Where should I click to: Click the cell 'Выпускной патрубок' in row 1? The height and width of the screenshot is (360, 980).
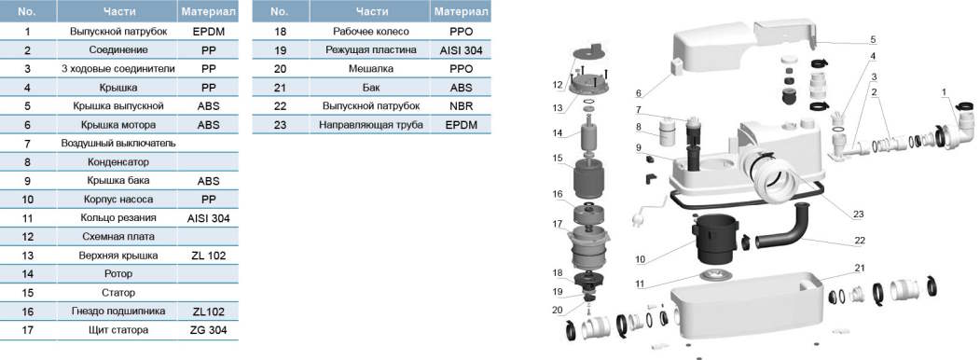tap(118, 31)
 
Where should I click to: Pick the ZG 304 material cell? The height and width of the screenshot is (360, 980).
tap(209, 330)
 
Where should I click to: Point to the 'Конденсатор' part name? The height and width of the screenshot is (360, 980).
tap(118, 162)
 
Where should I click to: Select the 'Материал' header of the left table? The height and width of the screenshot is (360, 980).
tap(209, 11)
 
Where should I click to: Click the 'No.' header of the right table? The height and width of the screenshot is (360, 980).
tap(280, 11)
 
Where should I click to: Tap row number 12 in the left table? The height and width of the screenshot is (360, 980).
tap(27, 236)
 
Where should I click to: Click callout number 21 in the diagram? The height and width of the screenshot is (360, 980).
tap(859, 268)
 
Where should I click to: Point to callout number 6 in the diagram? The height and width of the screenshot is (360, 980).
tap(638, 93)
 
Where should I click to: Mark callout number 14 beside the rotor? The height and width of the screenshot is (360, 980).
tap(559, 133)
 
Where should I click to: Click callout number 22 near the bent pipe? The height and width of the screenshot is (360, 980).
tap(860, 240)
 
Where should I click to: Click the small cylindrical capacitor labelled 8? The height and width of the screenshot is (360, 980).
tap(666, 132)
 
